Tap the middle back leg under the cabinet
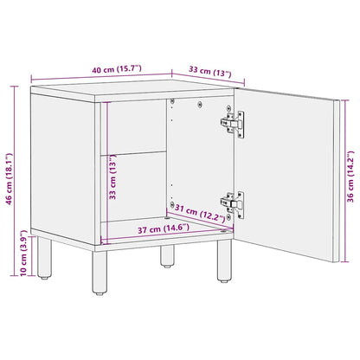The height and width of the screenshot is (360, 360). pos(165,256)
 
